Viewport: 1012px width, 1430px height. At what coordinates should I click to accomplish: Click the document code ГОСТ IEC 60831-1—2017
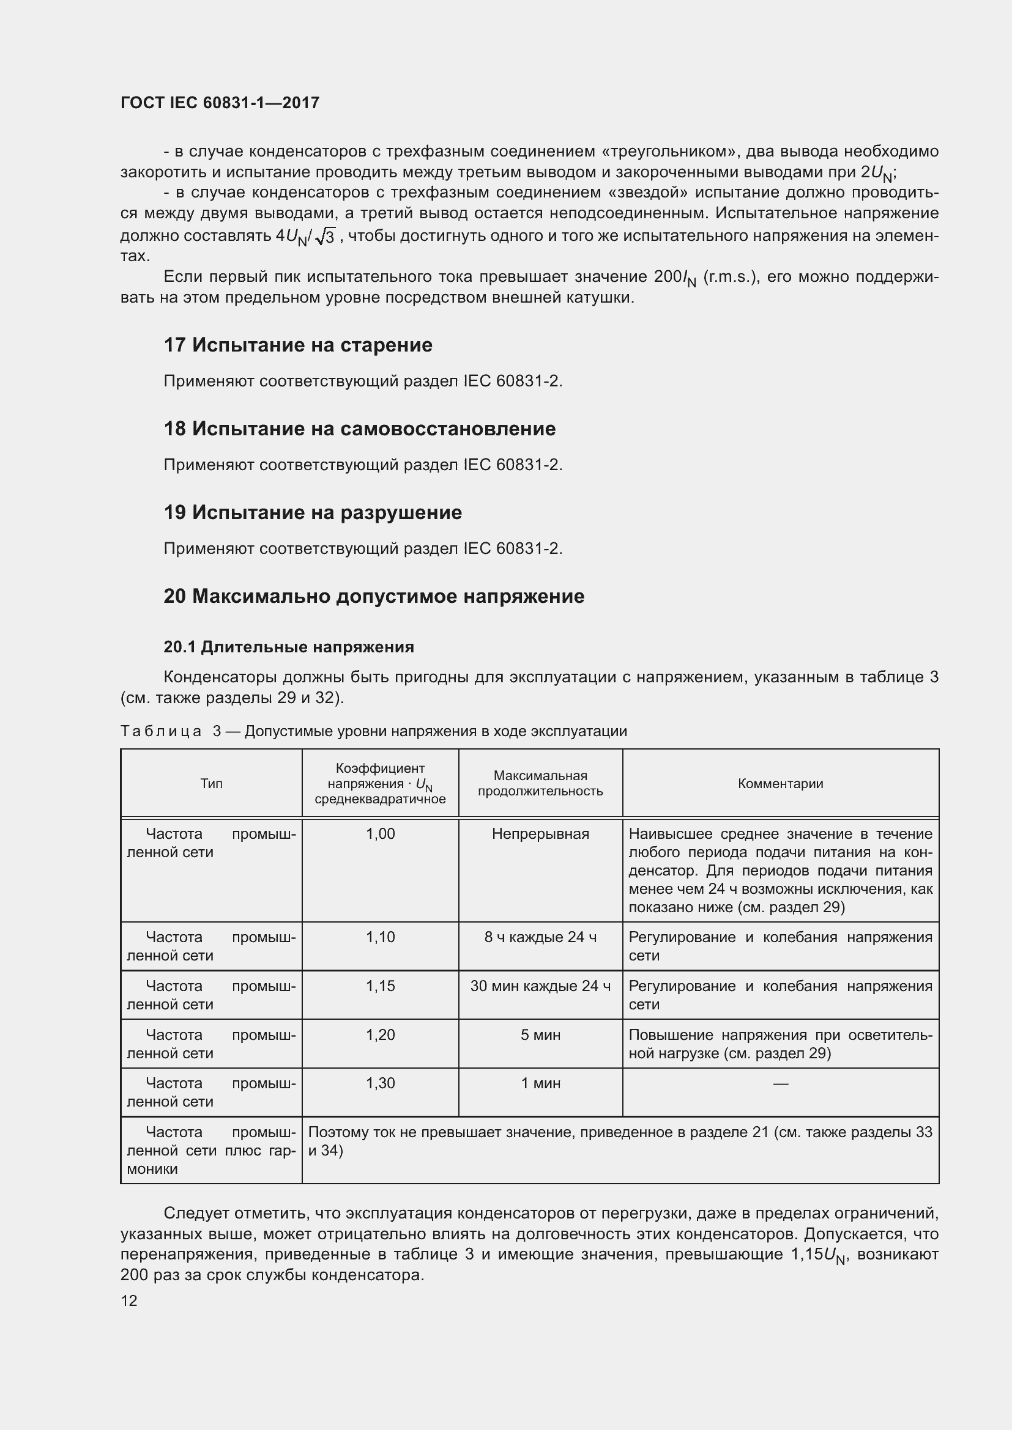220,103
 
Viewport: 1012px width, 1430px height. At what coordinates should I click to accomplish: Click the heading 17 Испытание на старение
298,345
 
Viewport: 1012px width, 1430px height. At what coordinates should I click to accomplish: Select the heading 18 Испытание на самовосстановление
360,429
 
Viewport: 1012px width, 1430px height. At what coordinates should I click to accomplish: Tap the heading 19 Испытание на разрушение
313,512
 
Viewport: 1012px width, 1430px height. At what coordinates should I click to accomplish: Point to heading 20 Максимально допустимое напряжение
374,596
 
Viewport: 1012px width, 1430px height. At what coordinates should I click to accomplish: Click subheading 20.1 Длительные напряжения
289,647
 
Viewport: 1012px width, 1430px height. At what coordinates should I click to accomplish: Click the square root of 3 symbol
326,237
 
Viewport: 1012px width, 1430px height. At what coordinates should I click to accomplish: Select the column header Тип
211,784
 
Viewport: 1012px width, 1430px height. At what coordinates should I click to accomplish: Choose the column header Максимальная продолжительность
540,784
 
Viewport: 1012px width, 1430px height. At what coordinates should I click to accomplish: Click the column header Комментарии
780,784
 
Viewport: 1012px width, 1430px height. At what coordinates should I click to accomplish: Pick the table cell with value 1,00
380,834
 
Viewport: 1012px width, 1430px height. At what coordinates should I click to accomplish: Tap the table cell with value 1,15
380,986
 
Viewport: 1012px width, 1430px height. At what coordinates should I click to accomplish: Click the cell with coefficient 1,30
380,1083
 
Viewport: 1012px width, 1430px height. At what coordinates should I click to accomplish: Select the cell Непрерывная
540,834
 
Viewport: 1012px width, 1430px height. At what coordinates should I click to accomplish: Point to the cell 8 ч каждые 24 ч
540,937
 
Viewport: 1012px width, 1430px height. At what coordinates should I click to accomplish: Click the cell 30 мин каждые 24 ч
540,986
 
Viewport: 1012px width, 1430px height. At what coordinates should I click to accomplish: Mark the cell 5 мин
540,1034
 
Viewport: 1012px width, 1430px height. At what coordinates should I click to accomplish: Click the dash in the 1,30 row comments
780,1084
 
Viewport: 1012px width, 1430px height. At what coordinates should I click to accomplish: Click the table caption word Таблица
161,731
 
